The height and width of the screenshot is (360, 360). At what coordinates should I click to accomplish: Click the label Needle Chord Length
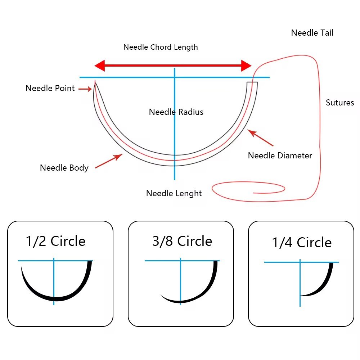pos(161,47)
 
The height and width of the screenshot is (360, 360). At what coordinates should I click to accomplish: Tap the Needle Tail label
pos(312,33)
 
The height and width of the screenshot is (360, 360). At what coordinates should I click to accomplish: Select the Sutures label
pos(340,103)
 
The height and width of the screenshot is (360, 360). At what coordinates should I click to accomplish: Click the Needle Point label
pos(50,88)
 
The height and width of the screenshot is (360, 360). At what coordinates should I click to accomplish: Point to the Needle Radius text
pos(176,112)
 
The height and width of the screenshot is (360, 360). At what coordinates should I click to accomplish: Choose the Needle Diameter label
pos(280,156)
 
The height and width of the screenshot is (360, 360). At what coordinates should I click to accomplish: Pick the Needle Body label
pos(64,168)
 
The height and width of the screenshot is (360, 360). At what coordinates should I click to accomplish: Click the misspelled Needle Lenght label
pos(174,193)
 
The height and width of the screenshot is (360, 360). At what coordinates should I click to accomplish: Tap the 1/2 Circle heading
pos(56,241)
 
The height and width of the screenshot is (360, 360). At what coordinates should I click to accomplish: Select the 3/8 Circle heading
pos(182,241)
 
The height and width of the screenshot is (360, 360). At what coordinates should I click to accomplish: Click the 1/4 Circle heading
pos(302,242)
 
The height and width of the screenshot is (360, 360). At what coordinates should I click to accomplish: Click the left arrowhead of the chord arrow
pos(99,66)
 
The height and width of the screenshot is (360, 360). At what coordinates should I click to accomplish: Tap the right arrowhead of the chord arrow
pos(246,66)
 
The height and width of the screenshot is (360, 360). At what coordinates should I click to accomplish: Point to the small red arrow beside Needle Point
pos(85,89)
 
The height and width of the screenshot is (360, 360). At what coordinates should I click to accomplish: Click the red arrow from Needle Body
pos(109,161)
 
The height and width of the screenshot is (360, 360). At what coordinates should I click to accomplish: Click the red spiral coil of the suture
pos(248,189)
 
